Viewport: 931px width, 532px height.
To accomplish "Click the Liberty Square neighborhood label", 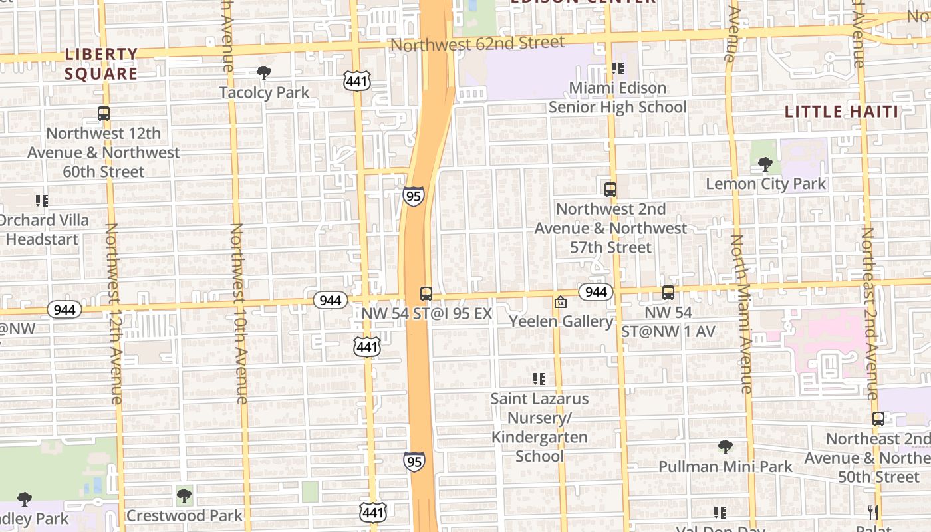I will (x=101, y=63).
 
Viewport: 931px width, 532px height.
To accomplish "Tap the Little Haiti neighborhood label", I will (x=842, y=111).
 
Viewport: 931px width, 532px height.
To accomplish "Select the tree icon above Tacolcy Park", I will (x=264, y=72).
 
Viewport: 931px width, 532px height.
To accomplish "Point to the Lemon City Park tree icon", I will (x=765, y=164).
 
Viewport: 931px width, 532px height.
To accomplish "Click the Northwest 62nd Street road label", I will (x=477, y=43).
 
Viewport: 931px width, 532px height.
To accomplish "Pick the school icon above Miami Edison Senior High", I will (x=618, y=68).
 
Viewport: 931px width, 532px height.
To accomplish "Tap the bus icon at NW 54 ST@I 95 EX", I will (x=426, y=293).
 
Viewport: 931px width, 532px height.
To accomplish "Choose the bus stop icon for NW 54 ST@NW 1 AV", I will (x=668, y=292).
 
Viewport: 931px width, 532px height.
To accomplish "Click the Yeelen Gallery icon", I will (x=561, y=303).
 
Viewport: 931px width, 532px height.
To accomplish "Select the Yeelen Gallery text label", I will (x=561, y=321).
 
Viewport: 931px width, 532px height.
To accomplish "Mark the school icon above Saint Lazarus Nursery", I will (x=539, y=379).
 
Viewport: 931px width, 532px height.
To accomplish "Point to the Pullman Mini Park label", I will (x=726, y=467).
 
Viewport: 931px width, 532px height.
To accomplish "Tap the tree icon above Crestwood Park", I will (x=184, y=495).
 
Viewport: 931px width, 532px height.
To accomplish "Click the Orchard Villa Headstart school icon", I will (x=42, y=200).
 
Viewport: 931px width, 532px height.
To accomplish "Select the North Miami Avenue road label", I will (x=741, y=313).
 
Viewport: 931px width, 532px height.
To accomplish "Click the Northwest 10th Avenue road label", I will (x=238, y=313).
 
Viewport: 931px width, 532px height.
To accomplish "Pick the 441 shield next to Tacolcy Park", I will (x=356, y=82).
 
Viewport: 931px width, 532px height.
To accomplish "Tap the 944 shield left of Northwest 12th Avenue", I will (x=65, y=309).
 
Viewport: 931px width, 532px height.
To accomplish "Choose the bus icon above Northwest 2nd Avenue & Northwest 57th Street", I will (x=610, y=189).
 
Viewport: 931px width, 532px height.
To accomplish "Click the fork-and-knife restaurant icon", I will (x=873, y=512).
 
